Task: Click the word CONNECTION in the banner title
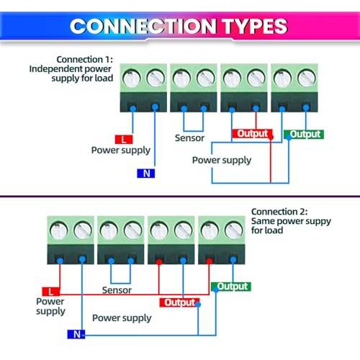click(x=143, y=26)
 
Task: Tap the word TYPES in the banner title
click(x=255, y=26)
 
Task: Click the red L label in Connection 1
click(x=124, y=140)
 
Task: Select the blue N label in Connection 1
click(x=146, y=174)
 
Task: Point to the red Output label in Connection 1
click(x=252, y=134)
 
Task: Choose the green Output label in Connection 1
click(x=304, y=134)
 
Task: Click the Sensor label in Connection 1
click(x=189, y=138)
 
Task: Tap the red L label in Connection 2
click(x=51, y=292)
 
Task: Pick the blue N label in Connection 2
click(x=76, y=334)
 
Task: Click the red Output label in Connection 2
click(x=179, y=302)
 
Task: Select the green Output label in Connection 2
click(x=231, y=287)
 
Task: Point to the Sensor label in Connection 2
click(x=117, y=290)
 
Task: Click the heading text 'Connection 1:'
click(x=84, y=59)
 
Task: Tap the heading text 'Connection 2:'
click(x=279, y=212)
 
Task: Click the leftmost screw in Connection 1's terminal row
click(x=132, y=78)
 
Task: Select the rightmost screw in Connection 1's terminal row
click(x=307, y=78)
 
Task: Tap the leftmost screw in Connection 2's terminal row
click(x=58, y=230)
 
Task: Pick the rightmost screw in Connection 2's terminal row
click(x=233, y=230)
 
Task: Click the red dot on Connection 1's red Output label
click(x=271, y=137)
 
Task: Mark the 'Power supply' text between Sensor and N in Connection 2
click(x=122, y=318)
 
